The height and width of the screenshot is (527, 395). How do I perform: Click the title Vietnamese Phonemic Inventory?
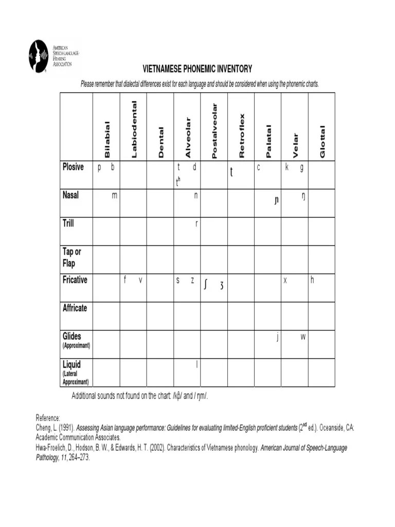tap(197, 69)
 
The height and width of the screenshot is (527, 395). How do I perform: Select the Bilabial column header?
tap(107, 139)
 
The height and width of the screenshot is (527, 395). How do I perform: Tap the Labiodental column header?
tap(134, 129)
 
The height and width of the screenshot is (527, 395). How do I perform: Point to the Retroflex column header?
tap(242, 135)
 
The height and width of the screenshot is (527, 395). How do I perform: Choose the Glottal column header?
tap(322, 142)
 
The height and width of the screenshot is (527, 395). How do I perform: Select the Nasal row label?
tap(71, 195)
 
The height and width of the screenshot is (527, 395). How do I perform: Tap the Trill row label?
tap(68, 224)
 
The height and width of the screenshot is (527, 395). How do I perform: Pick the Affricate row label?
tap(75, 308)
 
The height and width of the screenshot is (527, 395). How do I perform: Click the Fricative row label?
tap(75, 280)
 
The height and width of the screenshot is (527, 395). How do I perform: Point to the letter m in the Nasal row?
tap(114, 196)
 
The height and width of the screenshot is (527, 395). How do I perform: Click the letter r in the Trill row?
tap(196, 224)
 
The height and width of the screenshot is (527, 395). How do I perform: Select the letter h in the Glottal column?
tap(312, 280)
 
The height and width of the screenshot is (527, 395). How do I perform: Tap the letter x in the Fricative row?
tap(285, 280)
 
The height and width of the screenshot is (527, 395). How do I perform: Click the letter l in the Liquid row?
tap(196, 364)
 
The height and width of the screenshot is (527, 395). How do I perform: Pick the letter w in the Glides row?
tap(303, 337)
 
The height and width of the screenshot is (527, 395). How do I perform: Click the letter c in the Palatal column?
tap(259, 167)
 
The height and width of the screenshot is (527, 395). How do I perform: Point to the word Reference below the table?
tap(48, 417)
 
